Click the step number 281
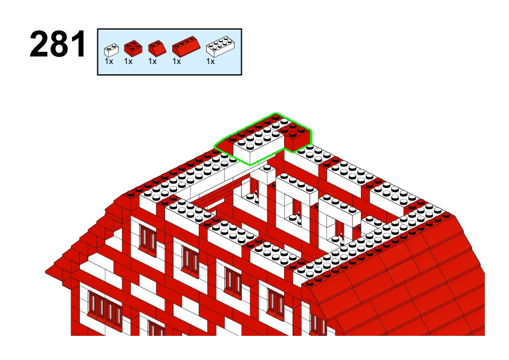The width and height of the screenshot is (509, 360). pos(58,44)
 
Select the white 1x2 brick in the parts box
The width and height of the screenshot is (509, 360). pos(111,50)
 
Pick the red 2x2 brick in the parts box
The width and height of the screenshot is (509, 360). pos(133,48)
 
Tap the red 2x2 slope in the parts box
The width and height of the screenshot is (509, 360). pos(157,48)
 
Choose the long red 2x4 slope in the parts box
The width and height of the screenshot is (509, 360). pos(186,47)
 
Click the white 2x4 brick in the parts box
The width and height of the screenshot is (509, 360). pos(221,47)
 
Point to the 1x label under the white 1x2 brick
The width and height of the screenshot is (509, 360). pos(109,61)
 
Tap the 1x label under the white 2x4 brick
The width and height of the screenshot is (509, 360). pos(210,61)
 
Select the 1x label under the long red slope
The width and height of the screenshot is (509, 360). pos(177,61)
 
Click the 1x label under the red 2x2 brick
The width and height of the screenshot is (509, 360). pos(128,61)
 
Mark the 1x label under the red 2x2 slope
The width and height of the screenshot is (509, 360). pos(152,61)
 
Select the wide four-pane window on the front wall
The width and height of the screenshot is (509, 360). pos(105,310)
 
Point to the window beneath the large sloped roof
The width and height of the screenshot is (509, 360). pos(318,324)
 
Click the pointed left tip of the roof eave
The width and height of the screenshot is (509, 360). pos(46,271)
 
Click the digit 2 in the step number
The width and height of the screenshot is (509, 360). pos(39,44)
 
